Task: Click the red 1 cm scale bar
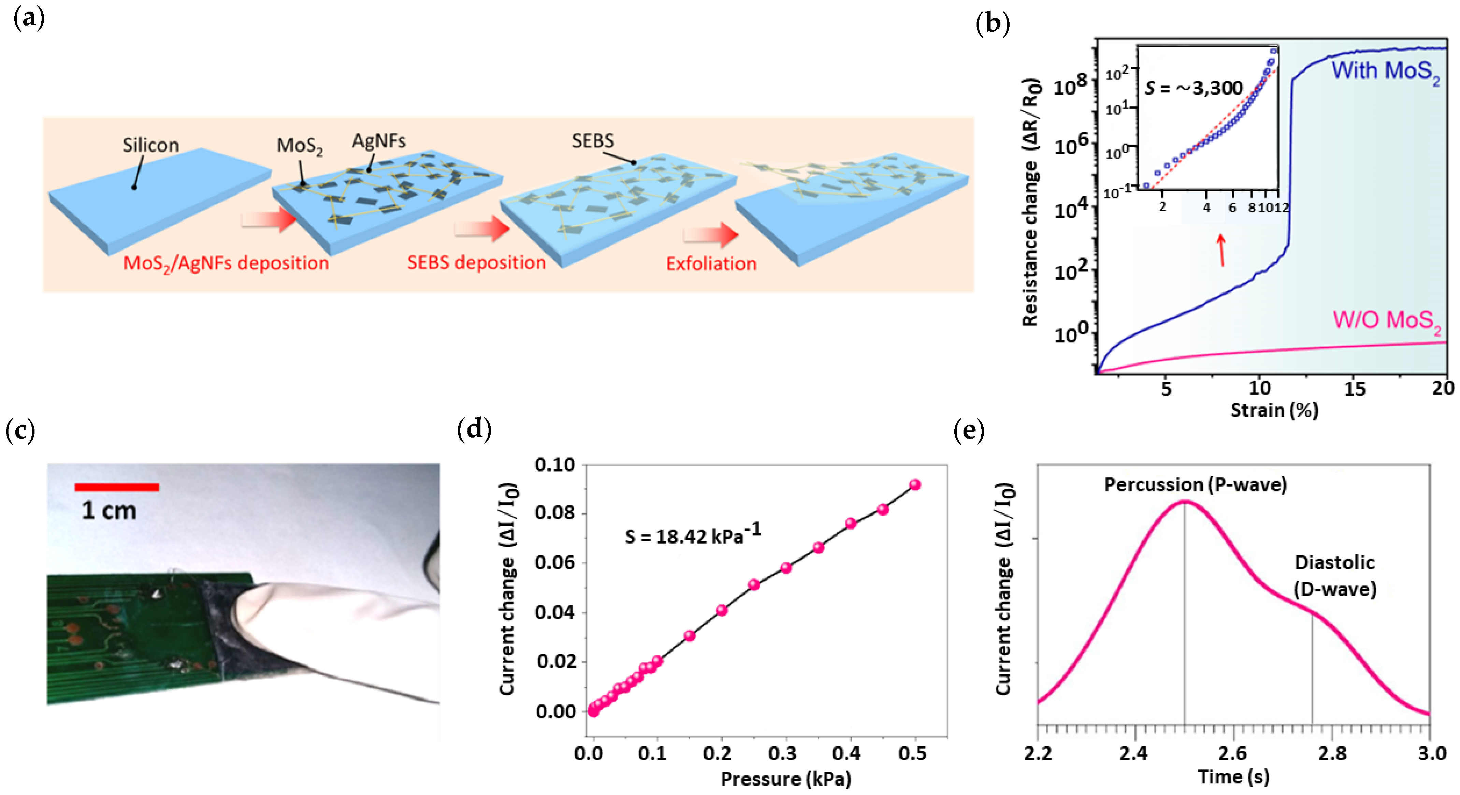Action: coord(117,487)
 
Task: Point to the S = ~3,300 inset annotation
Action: coord(1194,88)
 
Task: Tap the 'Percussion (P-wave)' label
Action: coord(1195,485)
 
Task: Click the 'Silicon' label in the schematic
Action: coord(151,145)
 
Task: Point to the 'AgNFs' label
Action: coord(379,141)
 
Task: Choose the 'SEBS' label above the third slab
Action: coord(592,141)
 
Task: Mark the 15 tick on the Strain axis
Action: coord(1355,389)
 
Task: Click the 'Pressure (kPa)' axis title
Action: coord(785,779)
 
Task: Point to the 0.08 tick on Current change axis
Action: coord(554,513)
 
